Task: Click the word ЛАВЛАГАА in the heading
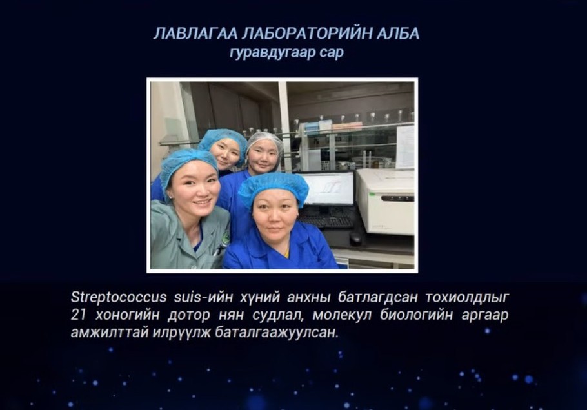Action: coord(195,34)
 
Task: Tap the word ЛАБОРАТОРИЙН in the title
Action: coord(307,34)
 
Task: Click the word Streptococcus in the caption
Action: coord(119,297)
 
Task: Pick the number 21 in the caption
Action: coord(79,315)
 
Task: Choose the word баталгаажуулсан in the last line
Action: coord(277,332)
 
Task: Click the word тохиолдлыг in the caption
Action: coord(467,297)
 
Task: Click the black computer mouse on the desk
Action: coord(355,237)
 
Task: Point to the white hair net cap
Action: coord(264,141)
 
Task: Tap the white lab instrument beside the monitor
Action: coord(385,201)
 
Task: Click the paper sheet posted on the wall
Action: coord(405,146)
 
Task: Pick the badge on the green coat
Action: coord(225,238)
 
